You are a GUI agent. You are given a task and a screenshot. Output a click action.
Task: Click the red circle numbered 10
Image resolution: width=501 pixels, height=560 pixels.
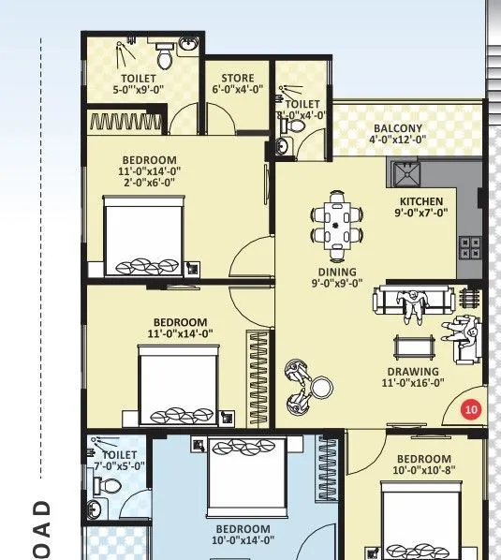471,409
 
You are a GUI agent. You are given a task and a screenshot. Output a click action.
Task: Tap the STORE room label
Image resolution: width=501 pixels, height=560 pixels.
237,79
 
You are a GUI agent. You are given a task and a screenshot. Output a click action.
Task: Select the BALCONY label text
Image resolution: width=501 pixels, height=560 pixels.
398,128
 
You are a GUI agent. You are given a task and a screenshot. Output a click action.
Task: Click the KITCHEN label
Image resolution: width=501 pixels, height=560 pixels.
420,201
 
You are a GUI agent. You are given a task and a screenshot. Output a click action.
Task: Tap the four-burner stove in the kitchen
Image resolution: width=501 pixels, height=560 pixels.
469,247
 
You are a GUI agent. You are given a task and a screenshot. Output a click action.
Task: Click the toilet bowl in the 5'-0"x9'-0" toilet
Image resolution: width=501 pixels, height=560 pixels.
165,59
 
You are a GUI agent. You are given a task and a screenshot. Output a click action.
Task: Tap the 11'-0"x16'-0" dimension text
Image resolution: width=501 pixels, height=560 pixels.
411,382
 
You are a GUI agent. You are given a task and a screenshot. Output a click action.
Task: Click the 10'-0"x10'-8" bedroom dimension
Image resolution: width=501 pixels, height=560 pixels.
424,470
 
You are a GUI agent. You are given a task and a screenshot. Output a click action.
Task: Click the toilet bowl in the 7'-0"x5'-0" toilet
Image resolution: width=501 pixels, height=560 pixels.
106,488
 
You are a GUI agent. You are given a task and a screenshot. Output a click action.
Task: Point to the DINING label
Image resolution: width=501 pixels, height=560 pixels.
336,273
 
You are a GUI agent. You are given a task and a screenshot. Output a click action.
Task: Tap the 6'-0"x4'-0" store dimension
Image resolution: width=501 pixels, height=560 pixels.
237,90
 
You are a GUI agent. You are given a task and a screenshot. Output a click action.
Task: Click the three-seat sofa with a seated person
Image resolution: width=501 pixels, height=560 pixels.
413,302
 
